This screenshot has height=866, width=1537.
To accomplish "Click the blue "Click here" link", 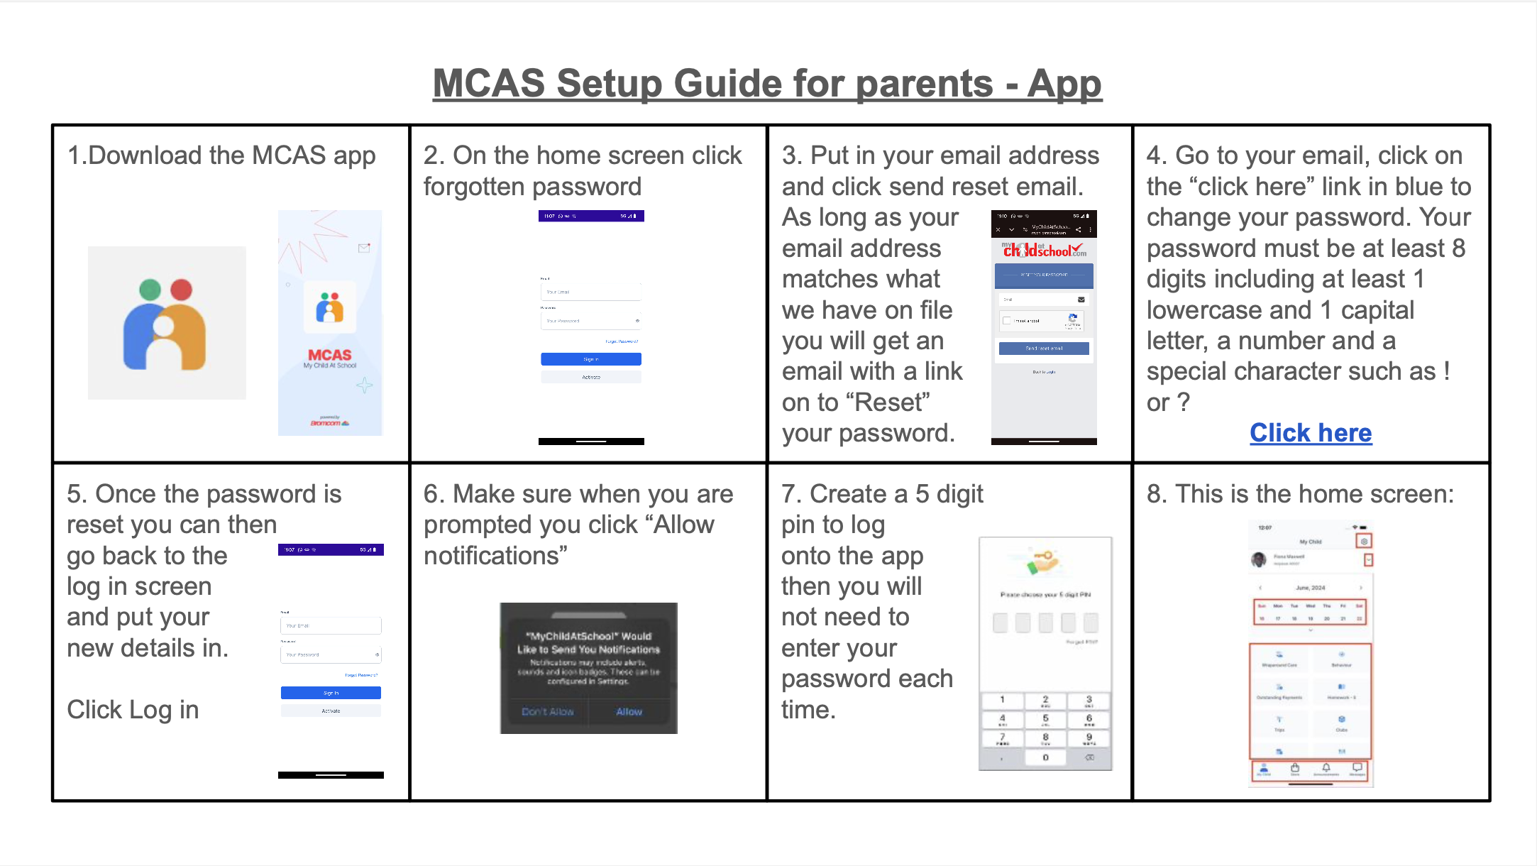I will coord(1311,432).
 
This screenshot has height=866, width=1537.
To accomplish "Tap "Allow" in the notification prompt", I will coord(629,711).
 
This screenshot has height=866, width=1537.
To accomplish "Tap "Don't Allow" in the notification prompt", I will coord(547,711).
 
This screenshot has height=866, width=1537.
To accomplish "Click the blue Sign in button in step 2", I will coord(590,359).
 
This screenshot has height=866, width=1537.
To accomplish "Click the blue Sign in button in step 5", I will coord(331,693).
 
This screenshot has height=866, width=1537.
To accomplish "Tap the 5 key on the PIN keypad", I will coord(1045,720).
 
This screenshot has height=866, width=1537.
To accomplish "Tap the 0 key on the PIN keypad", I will coord(1045,758).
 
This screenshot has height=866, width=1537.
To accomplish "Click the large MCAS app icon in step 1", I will coord(167,323).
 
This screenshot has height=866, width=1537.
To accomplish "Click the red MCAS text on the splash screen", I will coord(330,355).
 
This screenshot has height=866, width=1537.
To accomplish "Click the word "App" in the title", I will coord(1064,84).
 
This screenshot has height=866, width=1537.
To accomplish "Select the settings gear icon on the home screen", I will coord(1363,541).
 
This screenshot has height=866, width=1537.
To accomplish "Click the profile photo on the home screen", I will coord(1259,559).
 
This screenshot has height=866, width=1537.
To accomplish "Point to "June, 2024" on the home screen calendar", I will coord(1310,588).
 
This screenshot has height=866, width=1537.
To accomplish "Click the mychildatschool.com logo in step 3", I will coord(1043,250).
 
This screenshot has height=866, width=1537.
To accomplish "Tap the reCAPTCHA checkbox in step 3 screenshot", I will coord(1006,321).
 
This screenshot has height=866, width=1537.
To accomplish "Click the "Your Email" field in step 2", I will coord(590,292).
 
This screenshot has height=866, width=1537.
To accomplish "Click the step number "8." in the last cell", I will coord(1157,494).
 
